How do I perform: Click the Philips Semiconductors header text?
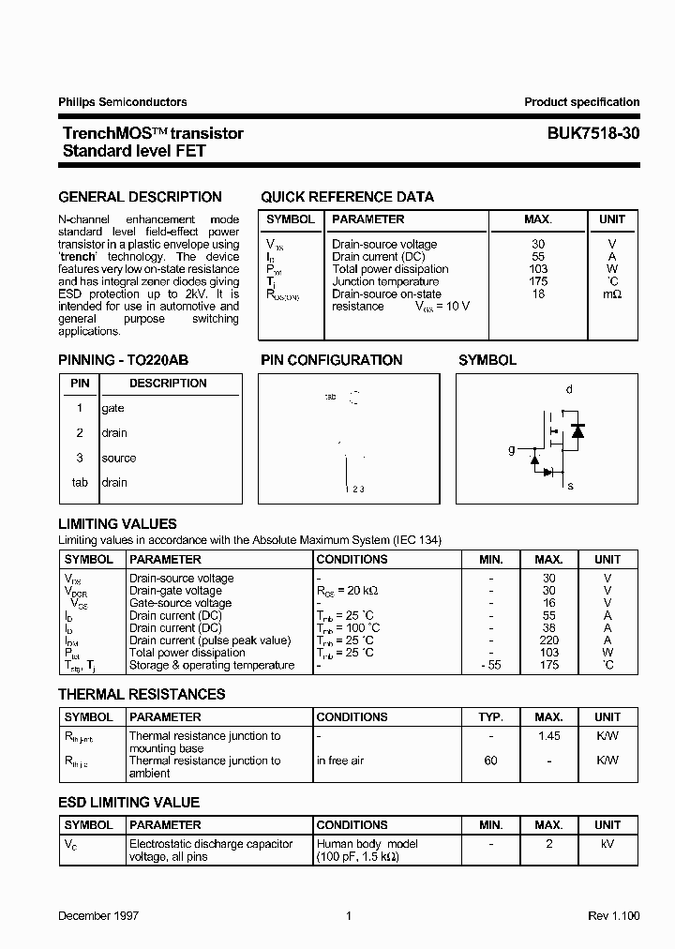(x=123, y=102)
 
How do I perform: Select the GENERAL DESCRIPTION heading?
(x=141, y=197)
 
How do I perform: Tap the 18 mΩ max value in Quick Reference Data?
(x=538, y=294)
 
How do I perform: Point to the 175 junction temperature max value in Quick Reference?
(x=538, y=281)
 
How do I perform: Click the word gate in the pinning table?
(x=112, y=408)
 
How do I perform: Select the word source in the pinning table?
(x=119, y=458)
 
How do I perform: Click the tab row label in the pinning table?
(x=80, y=482)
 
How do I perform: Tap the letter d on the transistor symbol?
(x=569, y=389)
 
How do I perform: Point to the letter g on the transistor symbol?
(x=512, y=450)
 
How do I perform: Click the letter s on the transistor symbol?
(x=571, y=486)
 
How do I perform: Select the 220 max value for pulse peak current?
(x=549, y=640)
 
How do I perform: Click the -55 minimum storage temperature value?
(x=491, y=665)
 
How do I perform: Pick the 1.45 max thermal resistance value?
(x=549, y=736)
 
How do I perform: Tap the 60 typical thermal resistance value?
(x=491, y=761)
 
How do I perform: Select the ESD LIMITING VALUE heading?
(x=129, y=803)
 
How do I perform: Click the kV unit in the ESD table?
(x=607, y=844)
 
